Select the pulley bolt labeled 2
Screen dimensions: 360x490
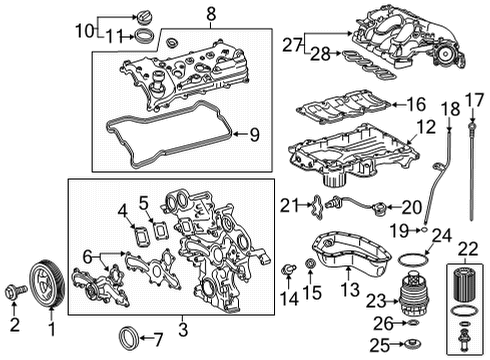tap(14, 292)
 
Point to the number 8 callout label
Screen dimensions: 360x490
tap(211, 14)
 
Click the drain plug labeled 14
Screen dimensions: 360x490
tap(289, 269)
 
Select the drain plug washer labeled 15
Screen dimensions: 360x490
tap(309, 263)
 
